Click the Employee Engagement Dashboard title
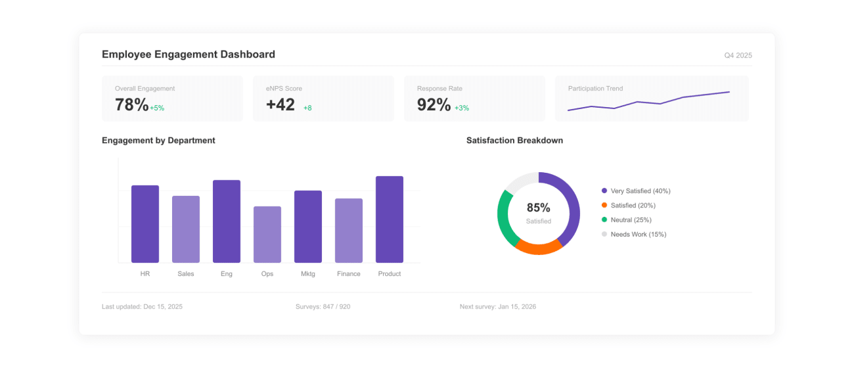[x=188, y=55]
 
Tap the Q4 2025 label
[x=738, y=56]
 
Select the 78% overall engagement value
[x=131, y=104]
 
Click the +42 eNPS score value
[x=281, y=104]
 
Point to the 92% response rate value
[x=434, y=104]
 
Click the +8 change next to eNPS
[x=307, y=108]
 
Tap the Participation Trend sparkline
[x=648, y=102]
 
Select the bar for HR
[x=145, y=224]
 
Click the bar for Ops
[x=267, y=235]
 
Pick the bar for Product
[x=390, y=219]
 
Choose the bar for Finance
[x=349, y=231]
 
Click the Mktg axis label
[x=308, y=274]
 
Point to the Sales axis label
[x=186, y=274]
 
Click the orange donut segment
[x=538, y=247]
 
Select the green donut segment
[x=505, y=217]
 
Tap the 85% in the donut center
[x=538, y=208]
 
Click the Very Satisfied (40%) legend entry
[x=635, y=191]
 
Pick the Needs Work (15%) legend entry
[x=633, y=235]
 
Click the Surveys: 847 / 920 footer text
[x=323, y=307]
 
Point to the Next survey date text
[x=497, y=307]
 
